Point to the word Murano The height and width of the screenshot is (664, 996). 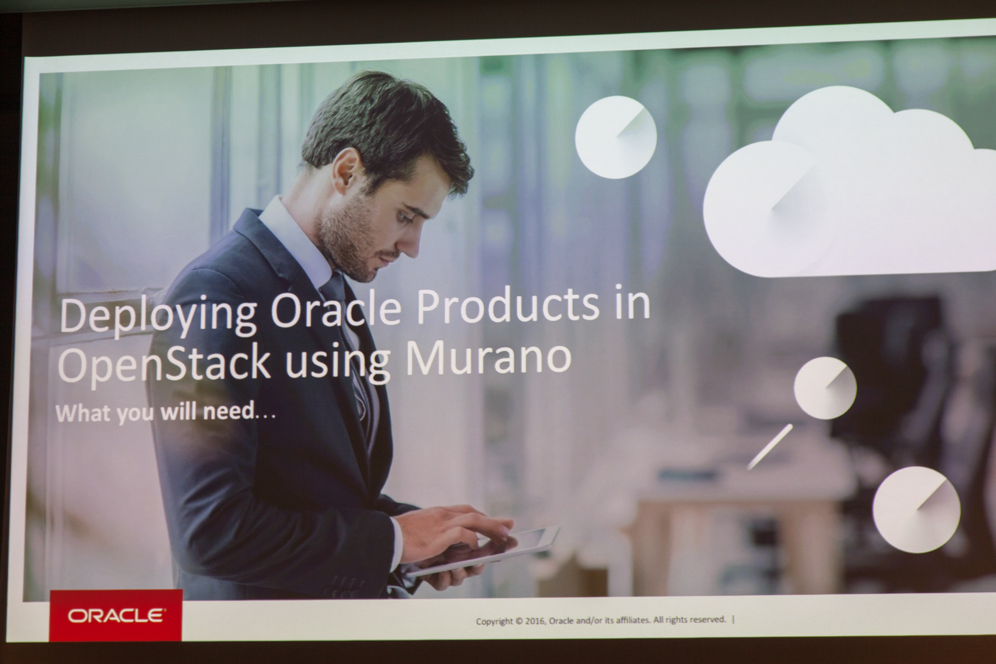(488, 357)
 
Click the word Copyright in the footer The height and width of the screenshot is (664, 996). (494, 621)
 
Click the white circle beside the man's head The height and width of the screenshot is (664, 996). (616, 136)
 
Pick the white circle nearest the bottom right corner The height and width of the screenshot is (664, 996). (916, 509)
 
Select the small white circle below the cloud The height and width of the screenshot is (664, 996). (825, 388)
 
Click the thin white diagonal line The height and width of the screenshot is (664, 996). (769, 446)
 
